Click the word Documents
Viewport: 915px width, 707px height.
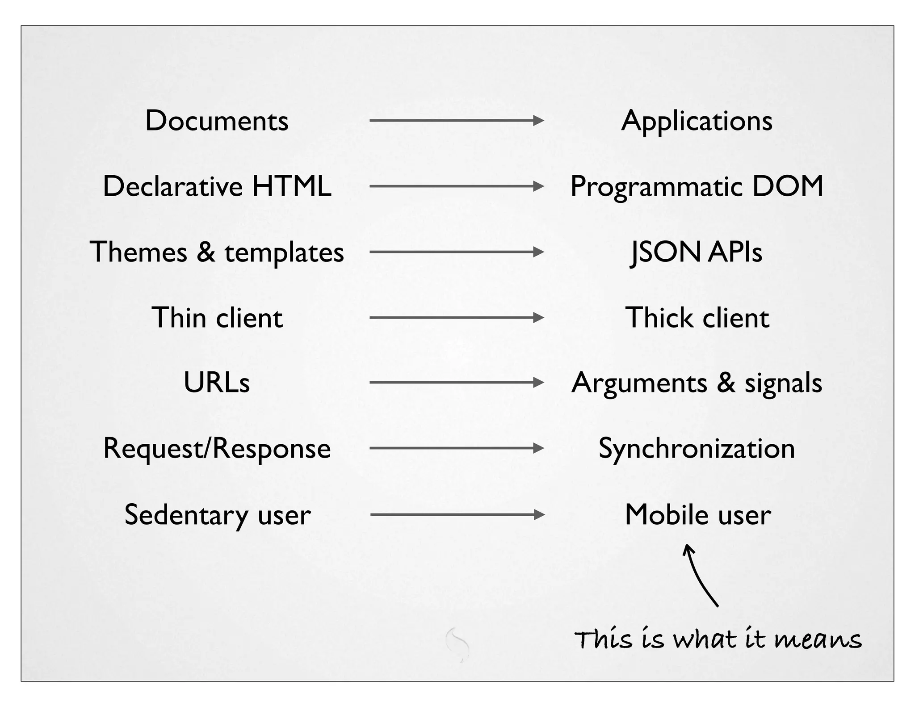coord(217,121)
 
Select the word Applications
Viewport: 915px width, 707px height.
coord(697,121)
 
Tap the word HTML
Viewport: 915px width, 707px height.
coord(291,186)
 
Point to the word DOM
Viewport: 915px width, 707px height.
coord(788,186)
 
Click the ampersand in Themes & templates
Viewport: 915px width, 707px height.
coord(206,252)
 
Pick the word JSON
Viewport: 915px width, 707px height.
coord(666,252)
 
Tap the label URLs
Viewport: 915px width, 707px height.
coord(217,383)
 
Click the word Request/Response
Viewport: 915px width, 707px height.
coord(217,449)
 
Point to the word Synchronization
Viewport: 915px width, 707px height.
coord(697,449)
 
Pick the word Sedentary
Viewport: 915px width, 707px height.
coord(186,515)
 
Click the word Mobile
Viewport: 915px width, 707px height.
coord(666,514)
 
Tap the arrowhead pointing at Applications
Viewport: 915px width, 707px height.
coord(539,121)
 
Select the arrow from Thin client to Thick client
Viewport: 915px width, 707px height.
coord(456,318)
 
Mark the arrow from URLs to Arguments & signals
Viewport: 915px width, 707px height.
coord(456,383)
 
